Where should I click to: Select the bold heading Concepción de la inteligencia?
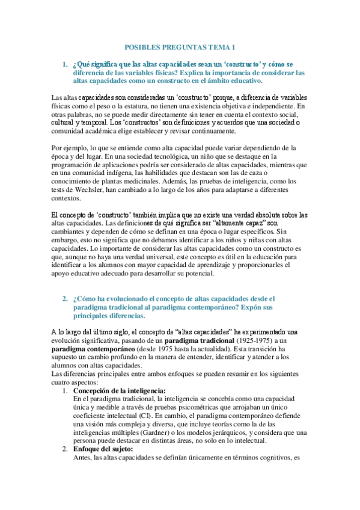(x=119, y=390)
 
